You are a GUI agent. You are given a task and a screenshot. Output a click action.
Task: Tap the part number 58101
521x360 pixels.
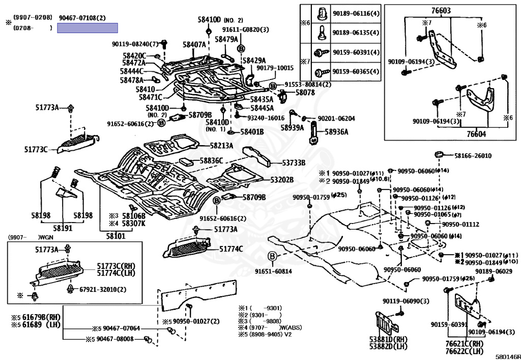(x=115, y=236)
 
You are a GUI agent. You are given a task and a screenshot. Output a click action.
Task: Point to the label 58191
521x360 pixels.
(x=64, y=228)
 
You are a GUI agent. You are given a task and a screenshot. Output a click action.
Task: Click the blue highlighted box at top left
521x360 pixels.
(x=88, y=28)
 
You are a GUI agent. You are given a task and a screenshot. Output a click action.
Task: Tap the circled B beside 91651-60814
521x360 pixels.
(x=273, y=256)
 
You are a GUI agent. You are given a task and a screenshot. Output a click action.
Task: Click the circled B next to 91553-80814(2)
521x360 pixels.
(x=273, y=85)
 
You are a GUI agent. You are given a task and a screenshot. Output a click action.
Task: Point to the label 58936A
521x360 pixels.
(x=337, y=132)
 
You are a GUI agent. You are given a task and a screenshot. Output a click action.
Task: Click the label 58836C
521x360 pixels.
(x=211, y=160)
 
